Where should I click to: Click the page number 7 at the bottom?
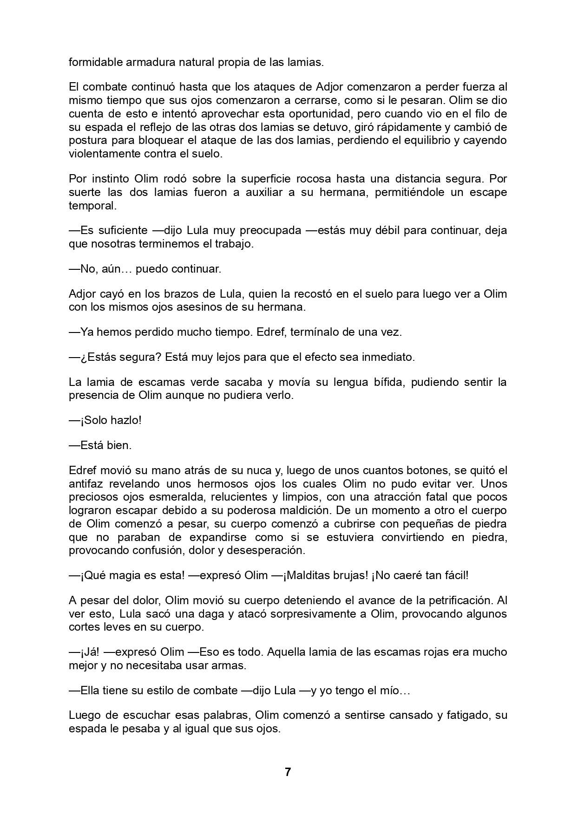(x=288, y=772)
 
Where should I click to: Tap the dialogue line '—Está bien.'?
(x=100, y=445)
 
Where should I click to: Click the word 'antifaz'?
(x=86, y=483)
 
